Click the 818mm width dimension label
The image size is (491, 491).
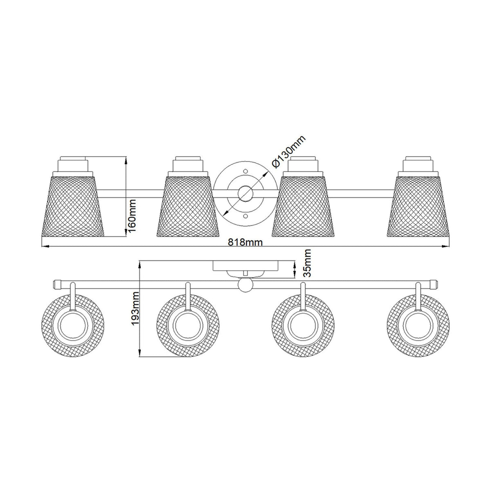point(245,242)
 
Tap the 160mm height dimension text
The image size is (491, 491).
point(132,216)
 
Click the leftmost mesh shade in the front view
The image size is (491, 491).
point(72,205)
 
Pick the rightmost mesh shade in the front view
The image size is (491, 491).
point(418,205)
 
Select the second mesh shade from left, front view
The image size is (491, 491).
point(188,205)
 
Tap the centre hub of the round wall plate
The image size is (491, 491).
point(245,194)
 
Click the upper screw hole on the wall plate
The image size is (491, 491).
point(245,171)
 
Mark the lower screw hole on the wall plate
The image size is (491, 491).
point(245,216)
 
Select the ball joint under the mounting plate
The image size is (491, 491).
point(245,285)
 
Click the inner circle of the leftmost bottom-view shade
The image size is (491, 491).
point(73,326)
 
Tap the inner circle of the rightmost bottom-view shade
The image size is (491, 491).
point(418,326)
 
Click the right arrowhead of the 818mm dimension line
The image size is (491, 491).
point(446,246)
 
